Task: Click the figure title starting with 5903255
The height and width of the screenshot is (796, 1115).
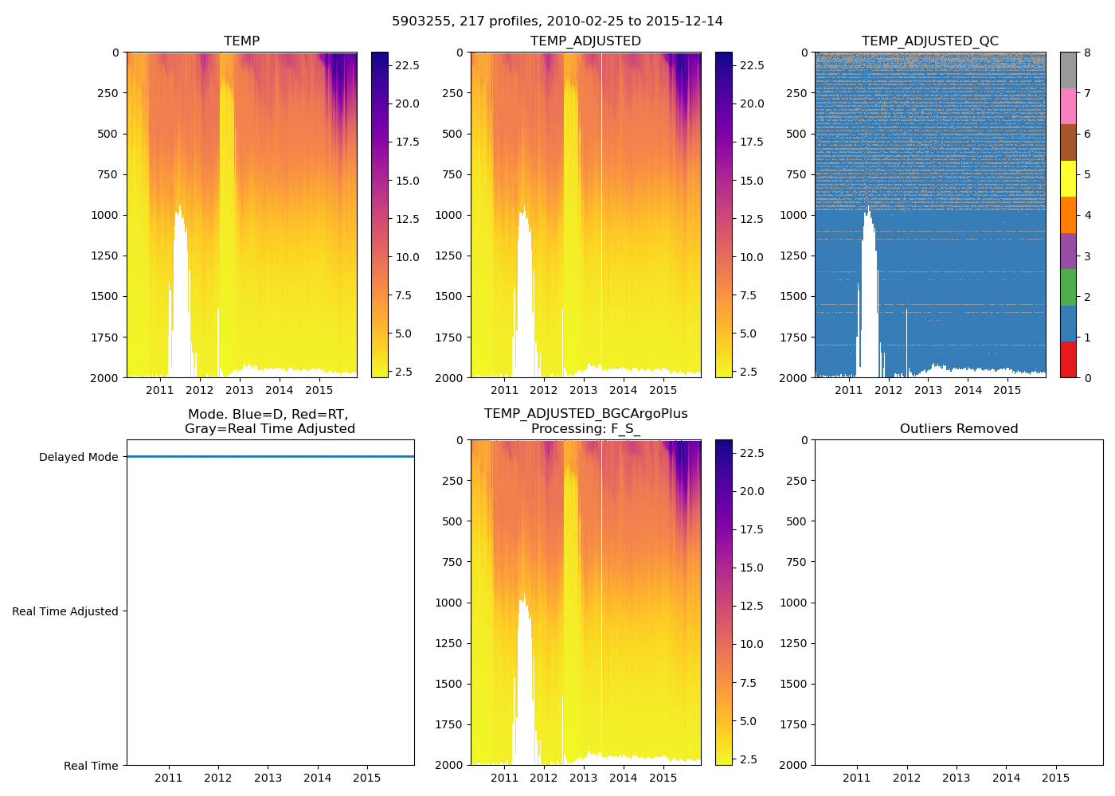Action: (x=557, y=21)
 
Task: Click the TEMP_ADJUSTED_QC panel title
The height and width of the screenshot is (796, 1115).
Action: (x=929, y=41)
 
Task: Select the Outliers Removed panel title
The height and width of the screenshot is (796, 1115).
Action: (x=958, y=428)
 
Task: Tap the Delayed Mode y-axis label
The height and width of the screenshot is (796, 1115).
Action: (x=78, y=457)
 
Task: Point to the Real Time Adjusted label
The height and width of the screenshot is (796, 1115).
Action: (x=65, y=611)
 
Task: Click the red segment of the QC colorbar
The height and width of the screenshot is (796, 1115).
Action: (x=1068, y=359)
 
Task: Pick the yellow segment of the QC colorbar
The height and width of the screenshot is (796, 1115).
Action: (x=1068, y=178)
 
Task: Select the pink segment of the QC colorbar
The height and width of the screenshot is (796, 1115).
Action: (x=1068, y=106)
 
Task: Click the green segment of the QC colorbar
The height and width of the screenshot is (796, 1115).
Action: (x=1068, y=287)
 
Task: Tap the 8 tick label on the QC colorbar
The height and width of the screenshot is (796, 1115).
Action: (x=1087, y=53)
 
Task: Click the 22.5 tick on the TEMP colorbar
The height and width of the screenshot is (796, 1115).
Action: (x=408, y=65)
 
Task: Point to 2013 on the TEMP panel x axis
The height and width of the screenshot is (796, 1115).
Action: (x=239, y=390)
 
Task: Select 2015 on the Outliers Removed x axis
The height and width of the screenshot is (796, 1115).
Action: (x=1056, y=778)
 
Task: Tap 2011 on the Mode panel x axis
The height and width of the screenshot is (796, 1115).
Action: (x=168, y=778)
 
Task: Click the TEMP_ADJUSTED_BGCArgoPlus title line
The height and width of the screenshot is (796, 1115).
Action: (x=585, y=414)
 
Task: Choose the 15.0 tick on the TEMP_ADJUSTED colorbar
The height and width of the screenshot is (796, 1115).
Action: (x=752, y=181)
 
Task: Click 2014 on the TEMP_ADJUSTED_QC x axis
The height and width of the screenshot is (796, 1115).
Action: (x=968, y=390)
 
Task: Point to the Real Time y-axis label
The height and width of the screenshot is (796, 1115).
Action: (x=91, y=766)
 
